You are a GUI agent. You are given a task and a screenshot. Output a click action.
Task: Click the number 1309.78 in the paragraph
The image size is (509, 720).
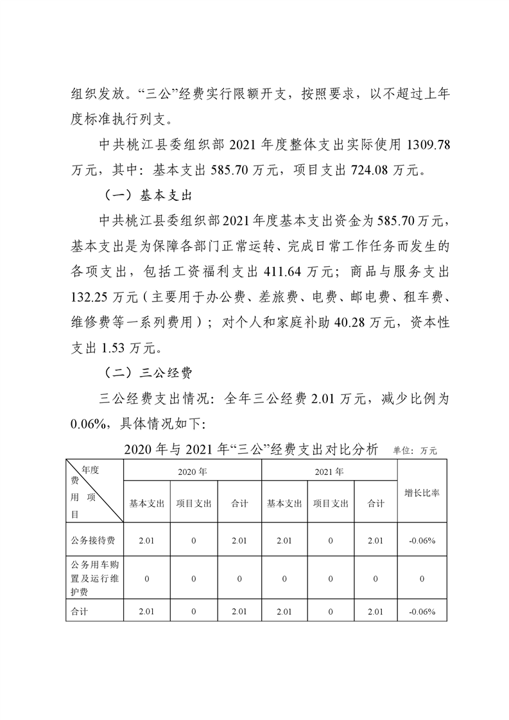pyautogui.click(x=424, y=146)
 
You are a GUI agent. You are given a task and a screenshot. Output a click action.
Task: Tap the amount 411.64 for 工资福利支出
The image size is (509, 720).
pyautogui.click(x=284, y=270)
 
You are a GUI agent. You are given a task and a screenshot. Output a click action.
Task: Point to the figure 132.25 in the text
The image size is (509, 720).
pyautogui.click(x=92, y=295)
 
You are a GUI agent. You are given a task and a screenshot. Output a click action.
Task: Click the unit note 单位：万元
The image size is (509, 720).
pyautogui.click(x=415, y=450)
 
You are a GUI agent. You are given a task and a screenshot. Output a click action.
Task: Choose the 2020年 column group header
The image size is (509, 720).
pyautogui.click(x=193, y=472)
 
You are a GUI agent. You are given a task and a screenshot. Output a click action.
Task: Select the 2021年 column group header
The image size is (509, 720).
pyautogui.click(x=330, y=472)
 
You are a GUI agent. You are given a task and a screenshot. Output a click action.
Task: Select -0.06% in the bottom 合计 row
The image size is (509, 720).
pyautogui.click(x=422, y=612)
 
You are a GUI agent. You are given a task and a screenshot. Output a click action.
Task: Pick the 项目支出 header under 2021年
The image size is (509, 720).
pyautogui.click(x=331, y=504)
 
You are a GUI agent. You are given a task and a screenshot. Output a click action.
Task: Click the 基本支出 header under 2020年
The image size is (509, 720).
pyautogui.click(x=147, y=504)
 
